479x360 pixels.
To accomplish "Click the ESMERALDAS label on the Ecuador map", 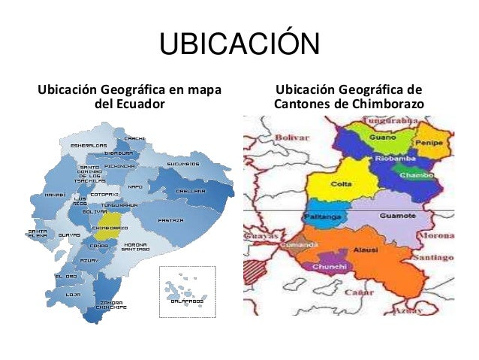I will pos(88,145).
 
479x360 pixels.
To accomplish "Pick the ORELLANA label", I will pos(191,190).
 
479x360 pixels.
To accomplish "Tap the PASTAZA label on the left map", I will pos(171,220).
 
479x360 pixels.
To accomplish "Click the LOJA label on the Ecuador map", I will pos(73,294).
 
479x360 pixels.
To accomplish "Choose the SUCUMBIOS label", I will pos(182,163).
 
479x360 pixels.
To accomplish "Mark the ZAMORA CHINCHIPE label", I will pos(110,304).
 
